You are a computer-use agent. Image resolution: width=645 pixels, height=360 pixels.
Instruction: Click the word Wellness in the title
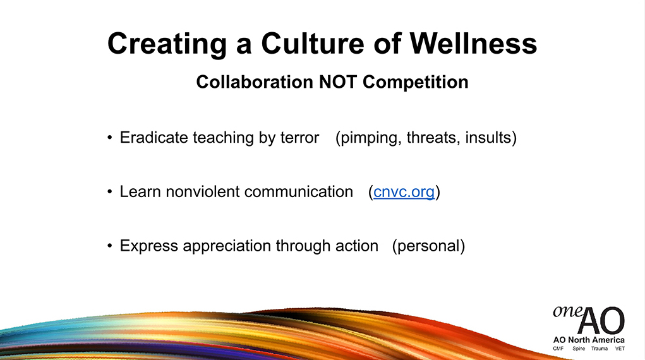[473, 43]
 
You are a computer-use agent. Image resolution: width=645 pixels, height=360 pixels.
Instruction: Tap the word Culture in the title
[313, 43]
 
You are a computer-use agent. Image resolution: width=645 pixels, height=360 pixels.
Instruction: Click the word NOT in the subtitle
[338, 82]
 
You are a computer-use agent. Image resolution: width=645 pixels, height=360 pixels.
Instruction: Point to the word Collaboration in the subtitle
[255, 82]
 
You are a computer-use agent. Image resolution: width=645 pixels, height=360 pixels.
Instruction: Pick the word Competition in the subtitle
[416, 82]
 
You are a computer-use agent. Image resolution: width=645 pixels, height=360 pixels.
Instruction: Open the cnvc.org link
[404, 192]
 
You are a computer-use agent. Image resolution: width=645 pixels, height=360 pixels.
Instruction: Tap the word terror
[299, 138]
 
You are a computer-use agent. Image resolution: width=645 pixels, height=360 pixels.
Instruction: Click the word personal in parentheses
[428, 246]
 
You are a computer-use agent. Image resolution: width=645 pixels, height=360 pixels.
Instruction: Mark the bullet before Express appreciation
[109, 246]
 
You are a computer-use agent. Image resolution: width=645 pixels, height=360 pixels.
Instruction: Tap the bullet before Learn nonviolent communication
[109, 192]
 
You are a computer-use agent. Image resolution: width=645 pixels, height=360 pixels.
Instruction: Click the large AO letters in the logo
[601, 320]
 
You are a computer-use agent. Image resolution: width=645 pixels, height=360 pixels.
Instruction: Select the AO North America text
[589, 340]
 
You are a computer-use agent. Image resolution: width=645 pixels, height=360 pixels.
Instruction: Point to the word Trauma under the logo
[600, 349]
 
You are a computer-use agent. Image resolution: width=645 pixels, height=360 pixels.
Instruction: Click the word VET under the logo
[620, 349]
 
